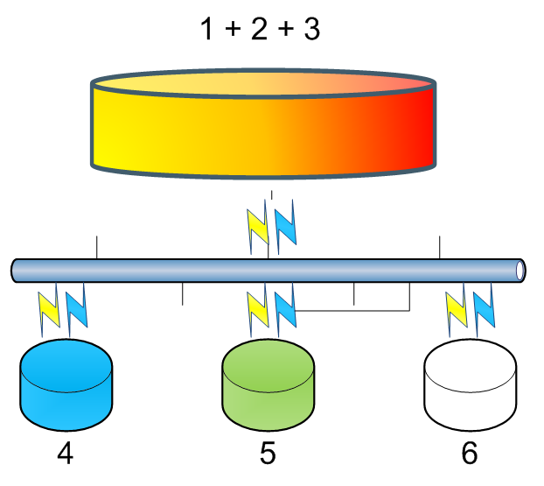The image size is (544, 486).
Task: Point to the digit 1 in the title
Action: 207,31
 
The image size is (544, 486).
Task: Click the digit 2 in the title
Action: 260,31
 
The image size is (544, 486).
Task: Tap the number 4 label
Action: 66,454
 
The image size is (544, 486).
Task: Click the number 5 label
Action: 268,454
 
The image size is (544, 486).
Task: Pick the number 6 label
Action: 470,454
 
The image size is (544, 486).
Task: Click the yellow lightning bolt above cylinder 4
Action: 50,309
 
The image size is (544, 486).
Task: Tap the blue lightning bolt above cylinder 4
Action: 77,309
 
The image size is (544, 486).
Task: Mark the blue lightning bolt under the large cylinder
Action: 285,225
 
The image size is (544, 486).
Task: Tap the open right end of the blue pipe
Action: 521,270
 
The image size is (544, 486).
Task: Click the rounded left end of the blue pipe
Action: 16,270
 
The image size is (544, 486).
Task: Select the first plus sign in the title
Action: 234,32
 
